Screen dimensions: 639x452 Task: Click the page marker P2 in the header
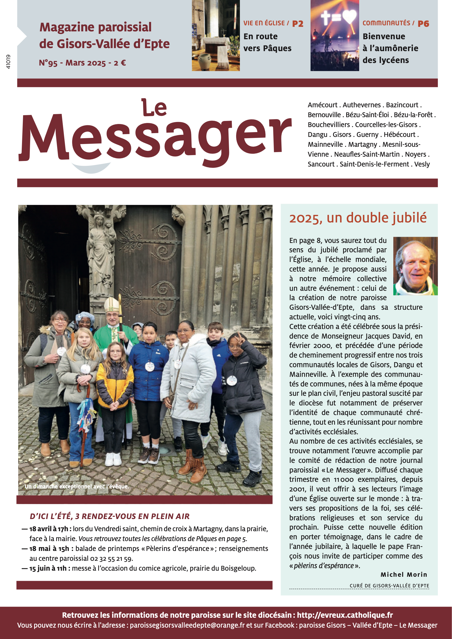298,24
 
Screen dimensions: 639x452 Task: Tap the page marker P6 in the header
423,24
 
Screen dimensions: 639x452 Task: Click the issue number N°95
48,63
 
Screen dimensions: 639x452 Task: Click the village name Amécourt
322,105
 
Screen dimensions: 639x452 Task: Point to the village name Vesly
422,164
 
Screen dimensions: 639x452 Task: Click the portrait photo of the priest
415,266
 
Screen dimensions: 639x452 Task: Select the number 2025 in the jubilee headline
305,218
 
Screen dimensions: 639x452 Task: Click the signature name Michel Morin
403,574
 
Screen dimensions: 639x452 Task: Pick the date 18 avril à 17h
50,529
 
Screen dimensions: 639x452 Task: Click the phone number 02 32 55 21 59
111,558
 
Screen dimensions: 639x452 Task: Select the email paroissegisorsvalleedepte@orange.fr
187,625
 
